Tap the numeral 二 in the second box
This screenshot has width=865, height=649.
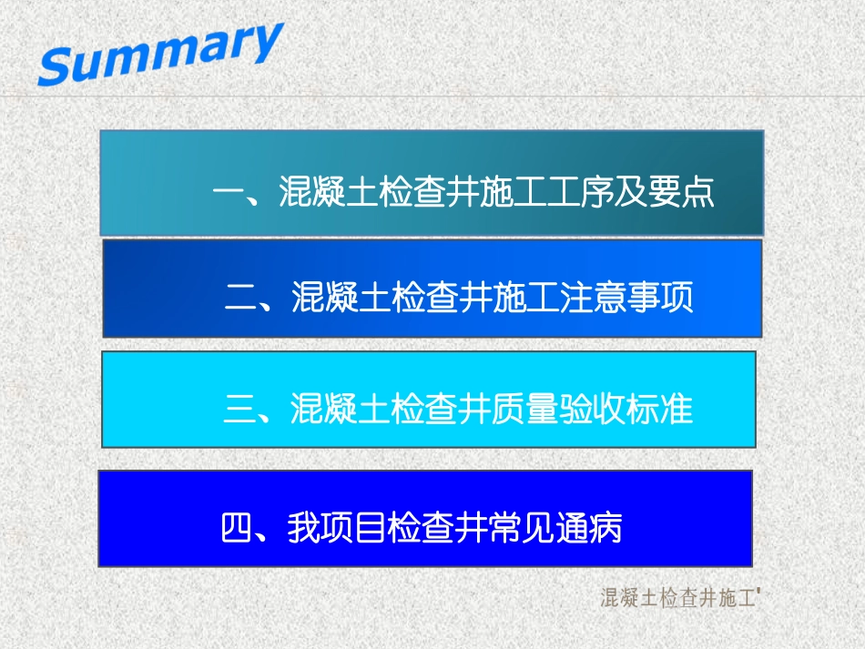(239, 299)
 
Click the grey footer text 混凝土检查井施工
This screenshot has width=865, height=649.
(678, 598)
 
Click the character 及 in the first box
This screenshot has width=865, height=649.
(647, 193)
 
